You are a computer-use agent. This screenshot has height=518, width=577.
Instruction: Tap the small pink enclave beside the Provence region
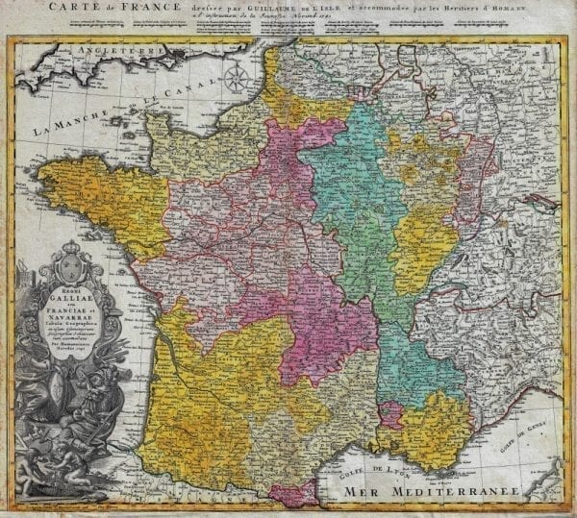tap(389, 414)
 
